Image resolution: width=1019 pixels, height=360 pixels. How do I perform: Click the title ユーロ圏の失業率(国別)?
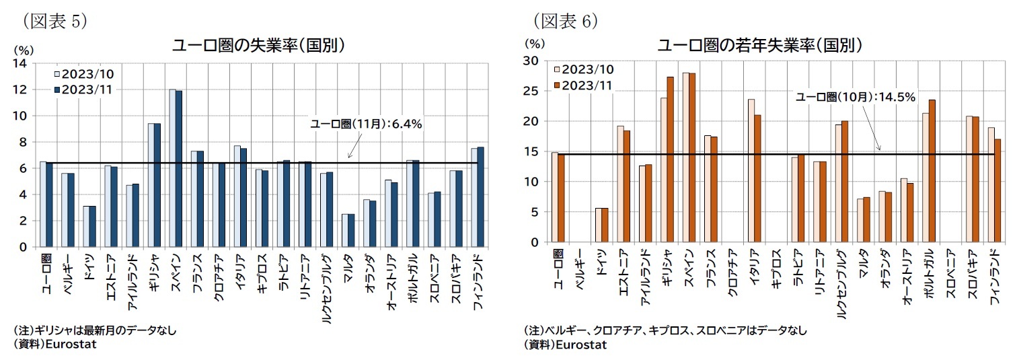tap(258, 45)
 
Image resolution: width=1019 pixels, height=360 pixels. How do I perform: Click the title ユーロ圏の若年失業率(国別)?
tap(760, 45)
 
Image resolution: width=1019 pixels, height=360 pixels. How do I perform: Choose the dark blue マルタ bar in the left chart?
tap(350, 230)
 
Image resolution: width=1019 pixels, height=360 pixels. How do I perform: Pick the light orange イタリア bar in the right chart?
tap(751, 170)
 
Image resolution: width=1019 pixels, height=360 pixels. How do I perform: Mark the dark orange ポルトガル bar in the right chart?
tap(932, 171)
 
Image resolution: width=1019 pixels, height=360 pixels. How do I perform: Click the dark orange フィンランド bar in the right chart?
tap(997, 190)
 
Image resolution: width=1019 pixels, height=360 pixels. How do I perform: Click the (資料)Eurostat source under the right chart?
tap(565, 345)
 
